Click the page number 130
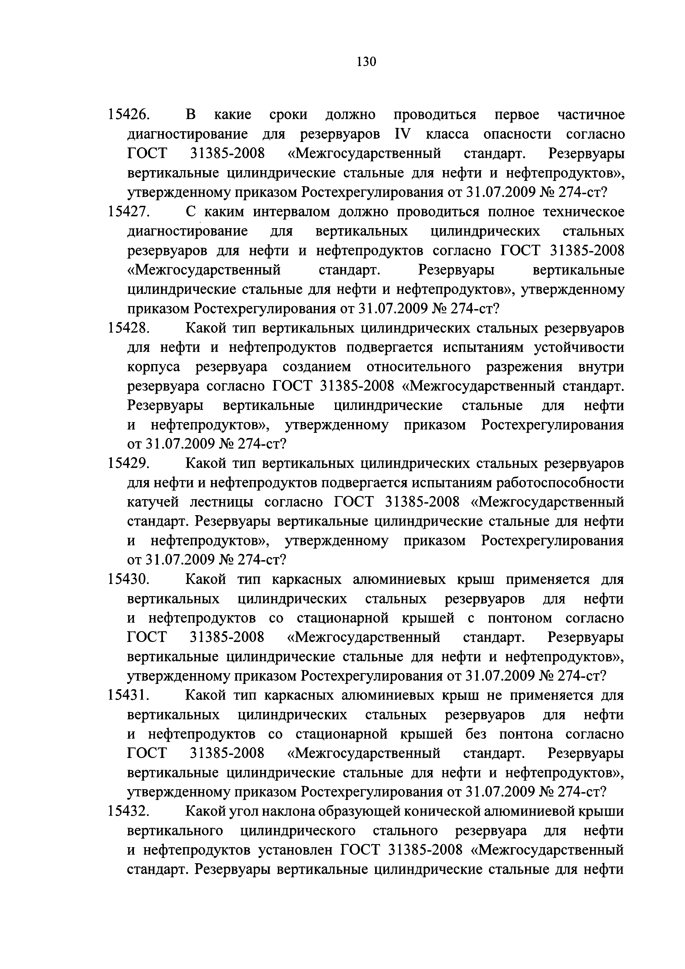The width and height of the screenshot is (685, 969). [x=365, y=62]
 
